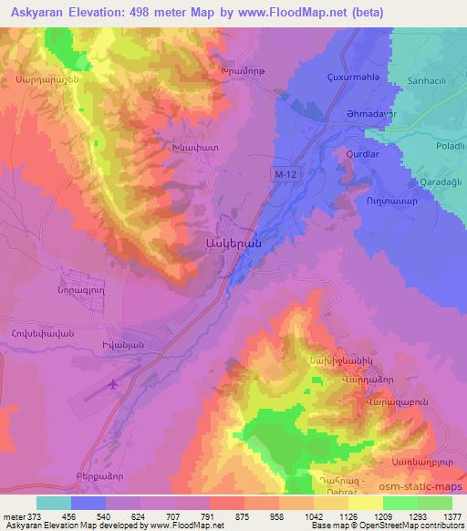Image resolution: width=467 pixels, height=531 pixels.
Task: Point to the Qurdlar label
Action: [x=362, y=154]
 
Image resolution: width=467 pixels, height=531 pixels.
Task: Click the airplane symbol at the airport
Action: [x=113, y=383]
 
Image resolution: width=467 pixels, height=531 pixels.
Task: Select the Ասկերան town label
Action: [x=234, y=244]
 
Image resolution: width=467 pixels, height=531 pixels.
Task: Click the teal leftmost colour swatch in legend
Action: [x=54, y=503]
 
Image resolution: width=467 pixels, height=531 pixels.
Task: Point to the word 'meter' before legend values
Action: [x=13, y=515]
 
